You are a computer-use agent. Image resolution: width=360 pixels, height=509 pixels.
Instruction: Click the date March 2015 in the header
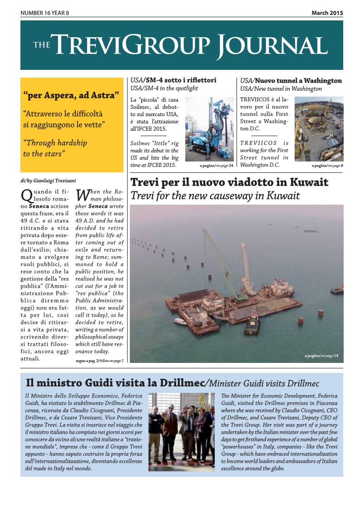(x=327, y=13)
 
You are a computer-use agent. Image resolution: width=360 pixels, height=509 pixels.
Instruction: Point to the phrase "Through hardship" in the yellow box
(x=55, y=143)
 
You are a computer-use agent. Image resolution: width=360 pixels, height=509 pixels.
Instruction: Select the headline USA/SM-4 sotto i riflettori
(x=173, y=80)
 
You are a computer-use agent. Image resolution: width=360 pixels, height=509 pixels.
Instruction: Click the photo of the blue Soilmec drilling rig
(x=209, y=129)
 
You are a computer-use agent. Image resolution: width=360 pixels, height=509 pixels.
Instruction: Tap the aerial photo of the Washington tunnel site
(x=319, y=129)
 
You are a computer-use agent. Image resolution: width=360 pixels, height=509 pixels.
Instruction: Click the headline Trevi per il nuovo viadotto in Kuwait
(x=229, y=182)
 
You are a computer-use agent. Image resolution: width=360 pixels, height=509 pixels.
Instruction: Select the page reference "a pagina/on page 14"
(x=321, y=356)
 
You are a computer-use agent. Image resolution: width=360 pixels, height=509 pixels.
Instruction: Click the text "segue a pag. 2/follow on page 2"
(x=100, y=361)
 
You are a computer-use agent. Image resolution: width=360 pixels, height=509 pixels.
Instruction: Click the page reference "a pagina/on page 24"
(x=216, y=166)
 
